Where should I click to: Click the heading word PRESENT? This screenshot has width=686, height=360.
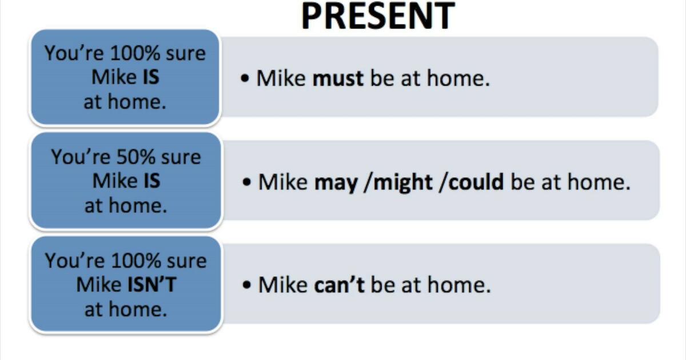377,15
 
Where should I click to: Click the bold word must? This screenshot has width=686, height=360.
338,78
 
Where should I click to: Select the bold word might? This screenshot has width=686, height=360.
398,182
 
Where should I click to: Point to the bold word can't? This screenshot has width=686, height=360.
339,285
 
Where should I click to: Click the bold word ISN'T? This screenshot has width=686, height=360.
151,285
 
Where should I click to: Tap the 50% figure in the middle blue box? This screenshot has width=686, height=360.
137,157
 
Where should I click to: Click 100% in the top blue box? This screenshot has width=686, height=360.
135,53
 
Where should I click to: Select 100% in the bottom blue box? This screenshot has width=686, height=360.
135,261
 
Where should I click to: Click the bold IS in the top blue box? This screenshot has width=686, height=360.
151,77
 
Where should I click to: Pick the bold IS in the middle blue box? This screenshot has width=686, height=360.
151,181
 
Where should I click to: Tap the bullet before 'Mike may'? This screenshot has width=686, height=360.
247,183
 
